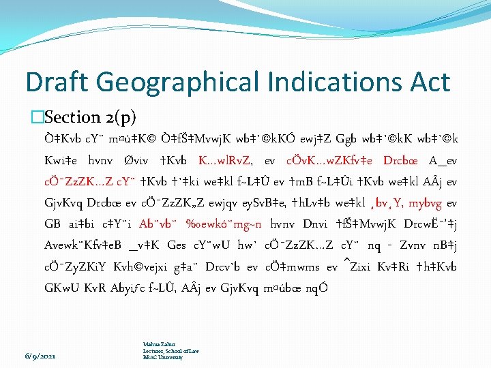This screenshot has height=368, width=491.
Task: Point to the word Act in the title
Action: coord(427,82)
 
